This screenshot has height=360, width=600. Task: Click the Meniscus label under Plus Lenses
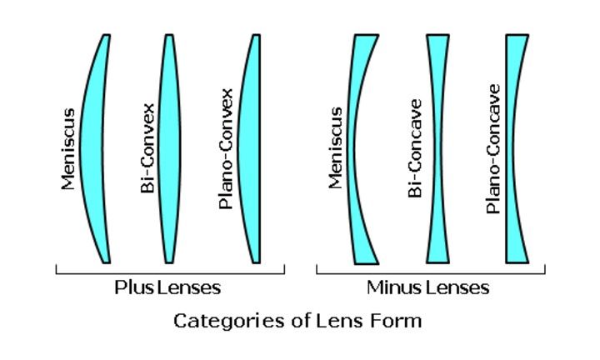67,148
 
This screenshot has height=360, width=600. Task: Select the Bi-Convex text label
147,148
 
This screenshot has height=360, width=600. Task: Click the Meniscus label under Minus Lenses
336,148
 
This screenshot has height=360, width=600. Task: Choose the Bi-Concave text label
415,148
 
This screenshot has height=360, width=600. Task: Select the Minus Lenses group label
427,288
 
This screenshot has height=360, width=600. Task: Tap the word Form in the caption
400,320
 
